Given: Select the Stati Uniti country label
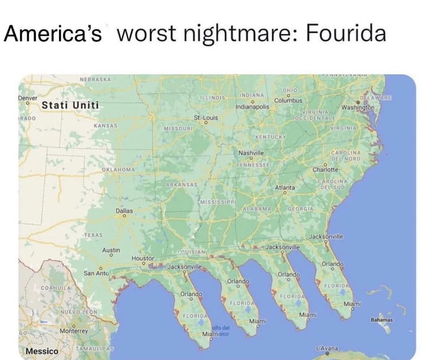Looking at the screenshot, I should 70,105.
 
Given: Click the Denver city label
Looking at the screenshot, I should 28,98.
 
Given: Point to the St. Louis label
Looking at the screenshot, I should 206,117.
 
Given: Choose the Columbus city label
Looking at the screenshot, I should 288,100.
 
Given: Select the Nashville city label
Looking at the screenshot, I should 251,153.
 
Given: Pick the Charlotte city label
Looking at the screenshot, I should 325,169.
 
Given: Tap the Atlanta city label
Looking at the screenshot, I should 285,187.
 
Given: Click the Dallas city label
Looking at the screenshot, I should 125,211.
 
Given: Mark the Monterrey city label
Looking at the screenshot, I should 73,331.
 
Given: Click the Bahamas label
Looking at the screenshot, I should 381,320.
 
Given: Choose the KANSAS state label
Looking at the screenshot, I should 105,125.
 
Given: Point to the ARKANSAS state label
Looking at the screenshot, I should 182,185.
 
